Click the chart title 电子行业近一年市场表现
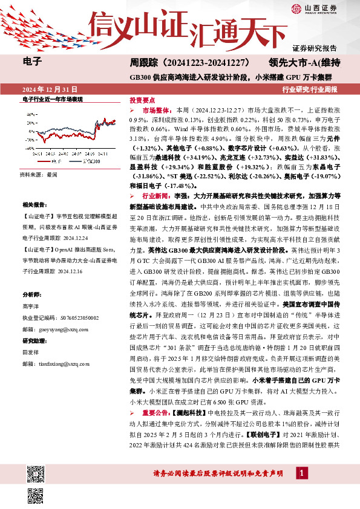pos(52,98)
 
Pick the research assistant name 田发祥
pos(30,352)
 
